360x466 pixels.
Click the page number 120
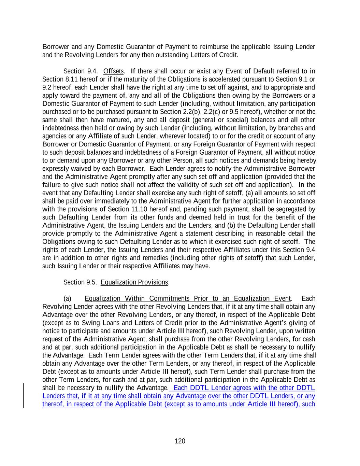click(x=180, y=441)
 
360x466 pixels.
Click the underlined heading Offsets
click(x=113, y=71)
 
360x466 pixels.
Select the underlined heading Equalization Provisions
click(x=134, y=282)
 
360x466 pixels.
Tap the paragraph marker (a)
click(x=67, y=298)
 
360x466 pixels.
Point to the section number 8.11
click(x=64, y=79)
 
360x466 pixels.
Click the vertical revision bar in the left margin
click(x=24, y=396)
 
